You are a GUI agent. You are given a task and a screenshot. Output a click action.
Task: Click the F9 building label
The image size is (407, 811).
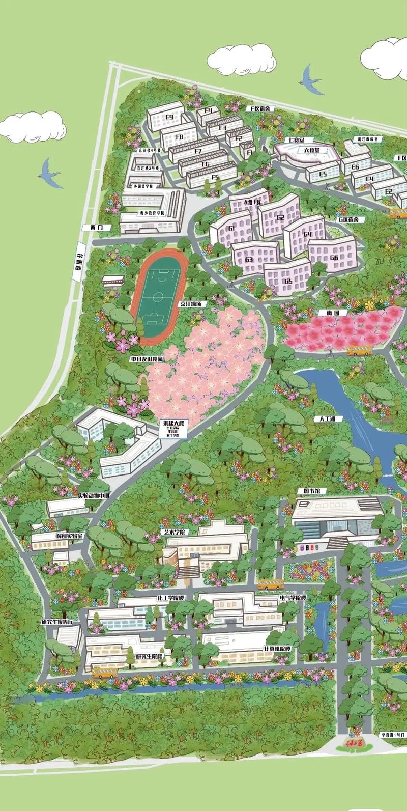coord(169,117)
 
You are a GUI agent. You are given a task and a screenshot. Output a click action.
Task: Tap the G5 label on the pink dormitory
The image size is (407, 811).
coord(288,281)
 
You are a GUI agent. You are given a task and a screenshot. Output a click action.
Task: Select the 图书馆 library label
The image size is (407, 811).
coord(308,491)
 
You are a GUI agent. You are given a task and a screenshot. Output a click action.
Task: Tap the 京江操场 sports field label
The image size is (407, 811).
coord(194,303)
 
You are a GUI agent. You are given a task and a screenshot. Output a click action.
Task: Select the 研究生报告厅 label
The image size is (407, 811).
coord(57,622)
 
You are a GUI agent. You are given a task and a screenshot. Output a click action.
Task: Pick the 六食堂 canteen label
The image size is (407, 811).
coord(311,150)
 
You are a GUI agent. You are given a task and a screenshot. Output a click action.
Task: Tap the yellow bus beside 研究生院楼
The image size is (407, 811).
coord(104,673)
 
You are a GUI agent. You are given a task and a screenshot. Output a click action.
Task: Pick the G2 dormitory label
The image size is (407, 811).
coord(281,217)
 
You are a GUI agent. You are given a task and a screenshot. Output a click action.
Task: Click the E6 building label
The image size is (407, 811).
coord(355,166)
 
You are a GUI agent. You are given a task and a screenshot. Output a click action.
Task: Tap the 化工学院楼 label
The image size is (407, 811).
coord(163,597)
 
